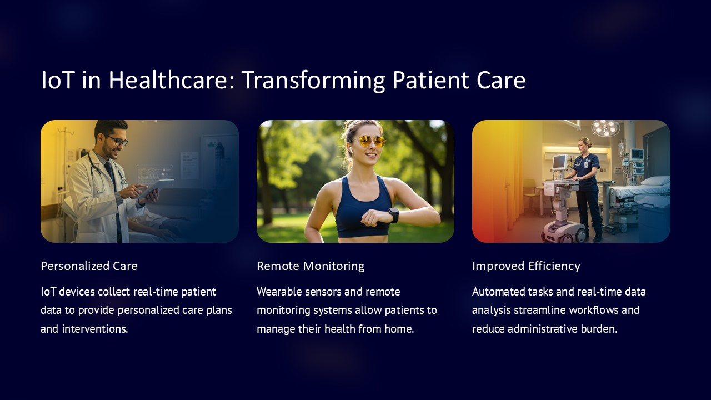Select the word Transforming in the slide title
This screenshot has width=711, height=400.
[x=313, y=81]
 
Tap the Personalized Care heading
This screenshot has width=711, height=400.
[x=89, y=266]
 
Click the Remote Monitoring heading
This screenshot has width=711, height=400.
[x=311, y=266]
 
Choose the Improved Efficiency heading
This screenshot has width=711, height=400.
[x=526, y=266]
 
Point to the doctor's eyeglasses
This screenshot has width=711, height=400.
[x=117, y=140]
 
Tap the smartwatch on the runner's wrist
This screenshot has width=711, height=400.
[x=394, y=215]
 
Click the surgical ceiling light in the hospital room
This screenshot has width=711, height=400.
[x=605, y=128]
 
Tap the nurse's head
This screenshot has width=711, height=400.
[x=584, y=144]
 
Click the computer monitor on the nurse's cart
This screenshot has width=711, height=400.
[x=559, y=162]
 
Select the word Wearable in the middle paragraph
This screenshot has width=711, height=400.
[x=279, y=292]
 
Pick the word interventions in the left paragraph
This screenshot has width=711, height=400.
[x=95, y=329]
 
